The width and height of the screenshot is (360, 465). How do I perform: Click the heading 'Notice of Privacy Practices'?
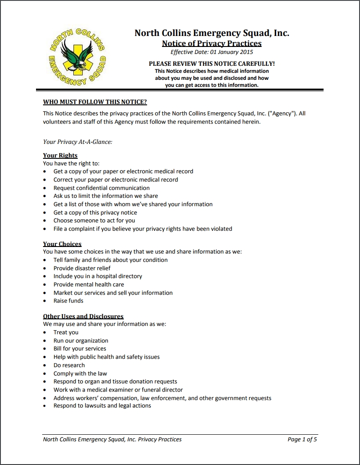pyautogui.click(x=212, y=43)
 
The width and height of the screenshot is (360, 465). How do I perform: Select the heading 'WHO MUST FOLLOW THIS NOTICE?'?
pyautogui.click(x=95, y=102)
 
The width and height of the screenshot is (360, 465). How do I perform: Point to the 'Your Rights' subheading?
pyautogui.click(x=60, y=155)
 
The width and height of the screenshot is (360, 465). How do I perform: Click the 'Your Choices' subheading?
pyautogui.click(x=62, y=244)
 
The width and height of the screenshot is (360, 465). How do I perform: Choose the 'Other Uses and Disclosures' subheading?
pyautogui.click(x=83, y=316)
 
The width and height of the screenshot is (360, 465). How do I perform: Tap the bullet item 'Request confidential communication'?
pyautogui.click(x=101, y=188)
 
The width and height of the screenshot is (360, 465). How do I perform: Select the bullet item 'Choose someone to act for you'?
pyautogui.click(x=94, y=221)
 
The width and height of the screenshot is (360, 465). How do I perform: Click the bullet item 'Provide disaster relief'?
pyautogui.click(x=82, y=268)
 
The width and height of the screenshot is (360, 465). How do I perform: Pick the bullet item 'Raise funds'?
pyautogui.click(x=68, y=301)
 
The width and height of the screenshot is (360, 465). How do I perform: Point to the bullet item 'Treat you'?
pyautogui.click(x=66, y=333)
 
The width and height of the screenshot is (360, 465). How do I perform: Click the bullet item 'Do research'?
pyautogui.click(x=69, y=365)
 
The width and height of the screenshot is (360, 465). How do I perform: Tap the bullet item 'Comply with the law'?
pyautogui.click(x=80, y=374)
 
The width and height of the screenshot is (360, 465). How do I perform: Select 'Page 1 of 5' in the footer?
pyautogui.click(x=302, y=439)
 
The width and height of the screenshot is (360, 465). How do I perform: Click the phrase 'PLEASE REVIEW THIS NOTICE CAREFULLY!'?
pyautogui.click(x=212, y=64)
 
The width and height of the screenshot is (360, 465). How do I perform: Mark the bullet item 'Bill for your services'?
pyautogui.click(x=80, y=349)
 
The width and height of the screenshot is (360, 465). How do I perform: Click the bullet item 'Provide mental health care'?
pyautogui.click(x=89, y=284)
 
